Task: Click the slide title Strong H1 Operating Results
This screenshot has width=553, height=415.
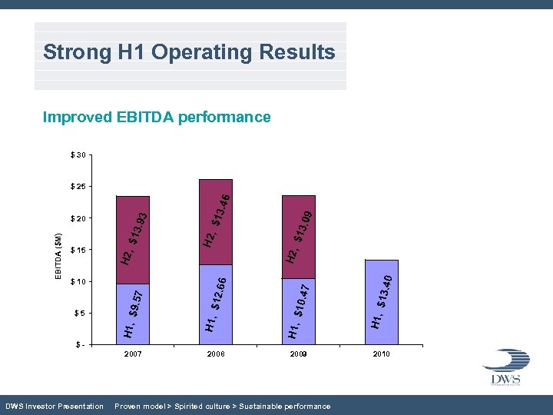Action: [x=189, y=52]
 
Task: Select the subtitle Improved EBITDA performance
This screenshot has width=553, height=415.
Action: [x=157, y=117]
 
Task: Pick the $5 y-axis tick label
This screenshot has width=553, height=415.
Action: [x=78, y=313]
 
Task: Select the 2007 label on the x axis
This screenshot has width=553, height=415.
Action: [x=133, y=354]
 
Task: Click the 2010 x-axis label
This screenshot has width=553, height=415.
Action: [x=381, y=354]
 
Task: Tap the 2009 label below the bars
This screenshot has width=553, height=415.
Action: [x=299, y=354]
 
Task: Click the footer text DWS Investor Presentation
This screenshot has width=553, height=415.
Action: [x=54, y=406]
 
